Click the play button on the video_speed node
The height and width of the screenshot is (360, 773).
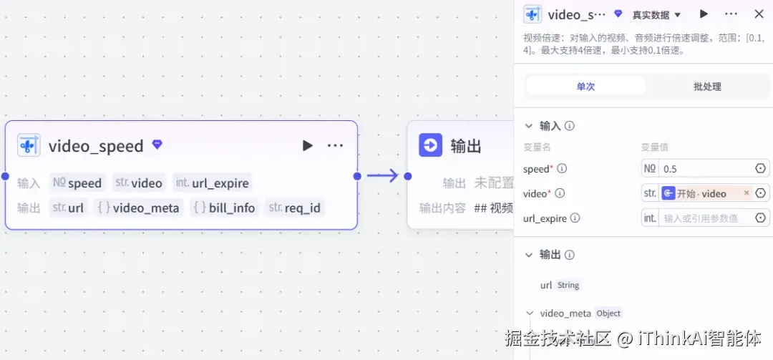point(308,145)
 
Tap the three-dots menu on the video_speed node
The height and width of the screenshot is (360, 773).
point(335,145)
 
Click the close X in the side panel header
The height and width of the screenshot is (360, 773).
point(759,14)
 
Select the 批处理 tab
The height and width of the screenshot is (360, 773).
point(707,87)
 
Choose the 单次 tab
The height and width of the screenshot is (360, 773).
point(585,87)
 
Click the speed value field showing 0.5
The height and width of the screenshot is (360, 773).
point(706,169)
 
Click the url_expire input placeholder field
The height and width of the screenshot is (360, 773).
point(706,218)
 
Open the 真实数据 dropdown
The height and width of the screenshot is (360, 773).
point(656,15)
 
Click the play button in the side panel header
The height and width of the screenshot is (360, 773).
point(704,14)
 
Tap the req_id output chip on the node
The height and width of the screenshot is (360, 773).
point(295,208)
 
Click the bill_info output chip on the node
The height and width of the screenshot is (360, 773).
point(224,208)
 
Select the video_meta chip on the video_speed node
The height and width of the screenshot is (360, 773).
point(139,208)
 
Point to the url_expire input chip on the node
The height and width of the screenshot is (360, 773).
point(213,183)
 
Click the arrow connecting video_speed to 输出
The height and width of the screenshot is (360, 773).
point(382,175)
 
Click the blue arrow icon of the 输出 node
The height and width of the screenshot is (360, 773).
point(430,145)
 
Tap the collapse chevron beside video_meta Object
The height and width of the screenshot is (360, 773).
point(530,313)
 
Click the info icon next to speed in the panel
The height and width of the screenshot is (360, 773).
point(562,169)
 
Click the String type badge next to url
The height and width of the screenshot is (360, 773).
point(568,285)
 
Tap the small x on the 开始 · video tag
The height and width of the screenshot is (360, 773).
point(747,193)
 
